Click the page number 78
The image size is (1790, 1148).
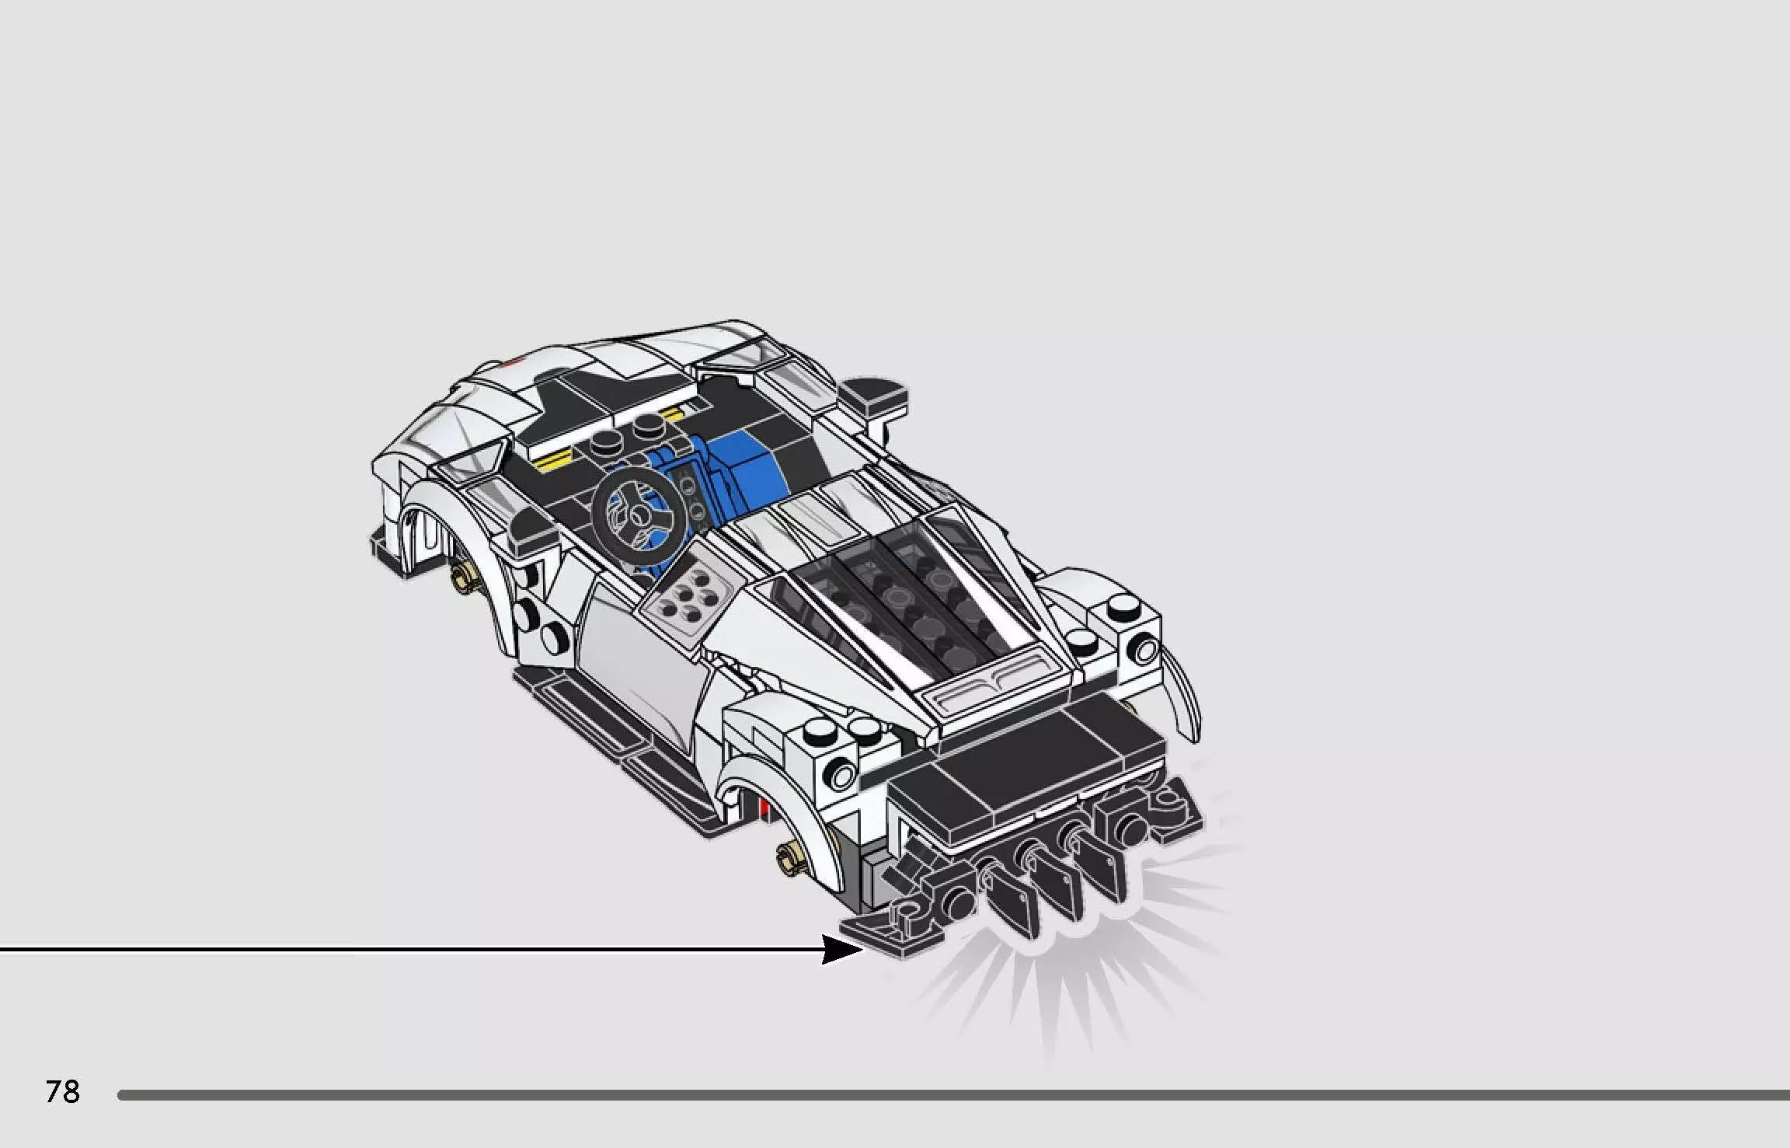tap(63, 1091)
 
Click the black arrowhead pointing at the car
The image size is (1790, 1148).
tap(841, 949)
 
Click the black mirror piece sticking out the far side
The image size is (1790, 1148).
tap(876, 396)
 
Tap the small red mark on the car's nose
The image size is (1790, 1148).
tap(510, 362)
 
